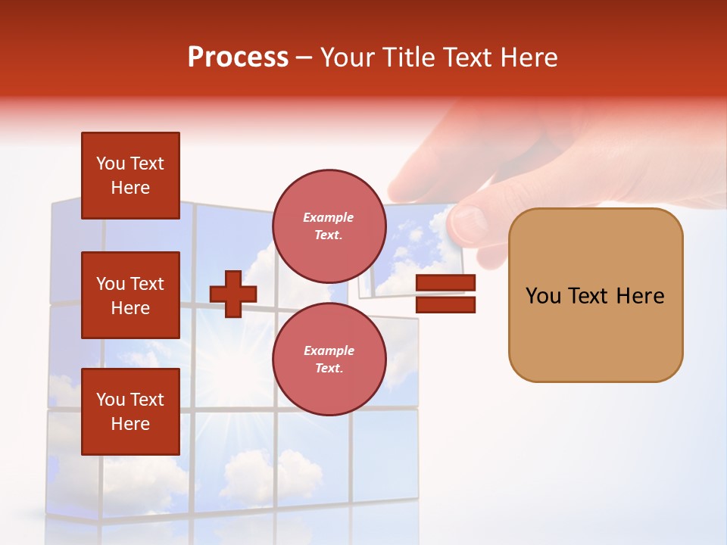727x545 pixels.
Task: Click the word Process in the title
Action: (x=238, y=58)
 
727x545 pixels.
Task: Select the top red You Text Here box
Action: (x=130, y=176)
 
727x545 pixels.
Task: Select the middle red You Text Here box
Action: (x=130, y=295)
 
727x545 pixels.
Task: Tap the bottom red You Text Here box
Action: (x=130, y=412)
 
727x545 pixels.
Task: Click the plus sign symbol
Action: (x=233, y=294)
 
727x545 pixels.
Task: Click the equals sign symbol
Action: (x=445, y=294)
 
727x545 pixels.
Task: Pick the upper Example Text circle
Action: (x=329, y=226)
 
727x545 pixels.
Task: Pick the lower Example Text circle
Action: (x=329, y=359)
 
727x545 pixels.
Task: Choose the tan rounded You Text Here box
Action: (x=595, y=295)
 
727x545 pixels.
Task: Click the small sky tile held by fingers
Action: (x=409, y=250)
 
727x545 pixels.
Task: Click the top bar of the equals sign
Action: (x=445, y=283)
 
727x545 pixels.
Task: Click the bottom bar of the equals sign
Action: (x=445, y=305)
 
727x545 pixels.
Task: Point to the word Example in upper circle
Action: (x=329, y=217)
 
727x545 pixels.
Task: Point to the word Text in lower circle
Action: (x=329, y=368)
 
